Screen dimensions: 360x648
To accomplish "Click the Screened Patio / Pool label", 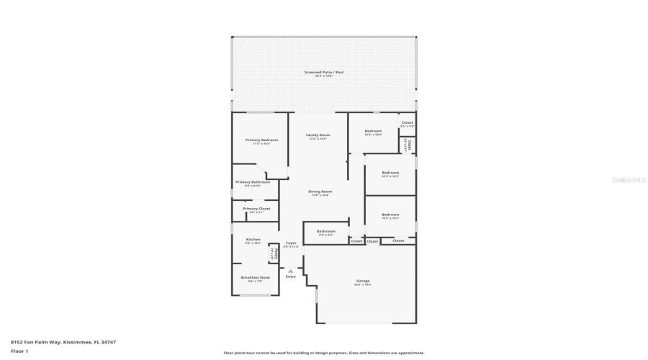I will [x=323, y=72].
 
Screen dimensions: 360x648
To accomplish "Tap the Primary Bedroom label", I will [x=261, y=140].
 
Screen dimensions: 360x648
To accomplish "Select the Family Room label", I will [x=318, y=135].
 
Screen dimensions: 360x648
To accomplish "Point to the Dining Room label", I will [x=320, y=192].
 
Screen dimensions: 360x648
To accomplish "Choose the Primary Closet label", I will [x=256, y=209].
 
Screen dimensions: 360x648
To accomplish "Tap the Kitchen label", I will [x=253, y=239].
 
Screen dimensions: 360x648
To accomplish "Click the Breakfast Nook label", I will [x=255, y=277].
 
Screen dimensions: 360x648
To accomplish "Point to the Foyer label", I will [x=291, y=243].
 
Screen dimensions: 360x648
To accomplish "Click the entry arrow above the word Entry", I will [x=290, y=271].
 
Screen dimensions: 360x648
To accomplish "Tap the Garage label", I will [x=363, y=281].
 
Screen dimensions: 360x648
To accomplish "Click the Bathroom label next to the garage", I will [x=325, y=231].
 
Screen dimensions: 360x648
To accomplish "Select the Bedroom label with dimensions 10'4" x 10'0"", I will [x=372, y=131].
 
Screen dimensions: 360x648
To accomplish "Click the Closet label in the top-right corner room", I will [x=408, y=123].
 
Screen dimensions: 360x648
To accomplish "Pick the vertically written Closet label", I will [x=408, y=145].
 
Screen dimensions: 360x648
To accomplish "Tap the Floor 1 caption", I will [x=19, y=351].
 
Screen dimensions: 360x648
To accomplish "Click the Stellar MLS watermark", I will [x=629, y=180].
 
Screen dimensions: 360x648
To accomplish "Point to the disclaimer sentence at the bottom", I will [x=323, y=353].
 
